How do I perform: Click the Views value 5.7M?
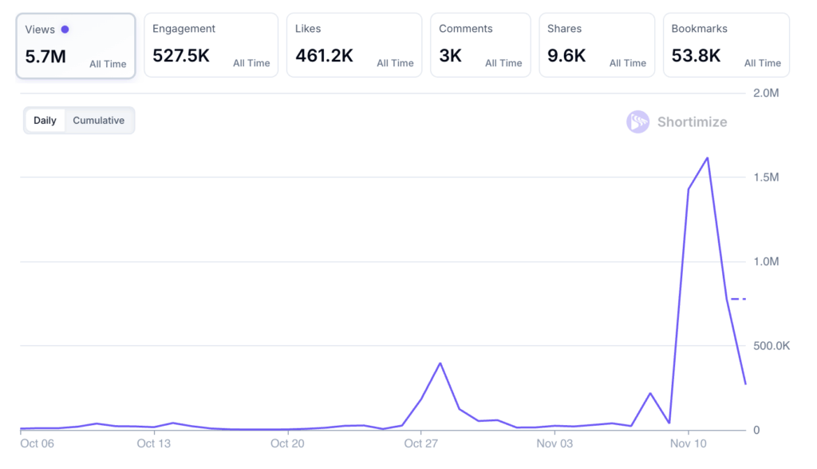(x=45, y=57)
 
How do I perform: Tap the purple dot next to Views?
(x=65, y=30)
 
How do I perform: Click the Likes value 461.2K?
(x=325, y=56)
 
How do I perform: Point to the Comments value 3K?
(x=450, y=56)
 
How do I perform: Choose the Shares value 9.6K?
(x=566, y=56)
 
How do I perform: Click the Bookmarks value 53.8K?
(x=696, y=56)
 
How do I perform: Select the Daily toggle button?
(x=45, y=121)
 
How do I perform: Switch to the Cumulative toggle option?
(x=99, y=121)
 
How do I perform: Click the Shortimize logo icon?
(x=637, y=122)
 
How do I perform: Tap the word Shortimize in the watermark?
(x=692, y=122)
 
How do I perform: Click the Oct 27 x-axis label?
(x=420, y=443)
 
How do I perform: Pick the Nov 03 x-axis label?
(x=554, y=443)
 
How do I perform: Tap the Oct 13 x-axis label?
(x=153, y=443)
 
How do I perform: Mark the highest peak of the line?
(x=708, y=158)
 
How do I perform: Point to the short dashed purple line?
(x=738, y=299)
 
